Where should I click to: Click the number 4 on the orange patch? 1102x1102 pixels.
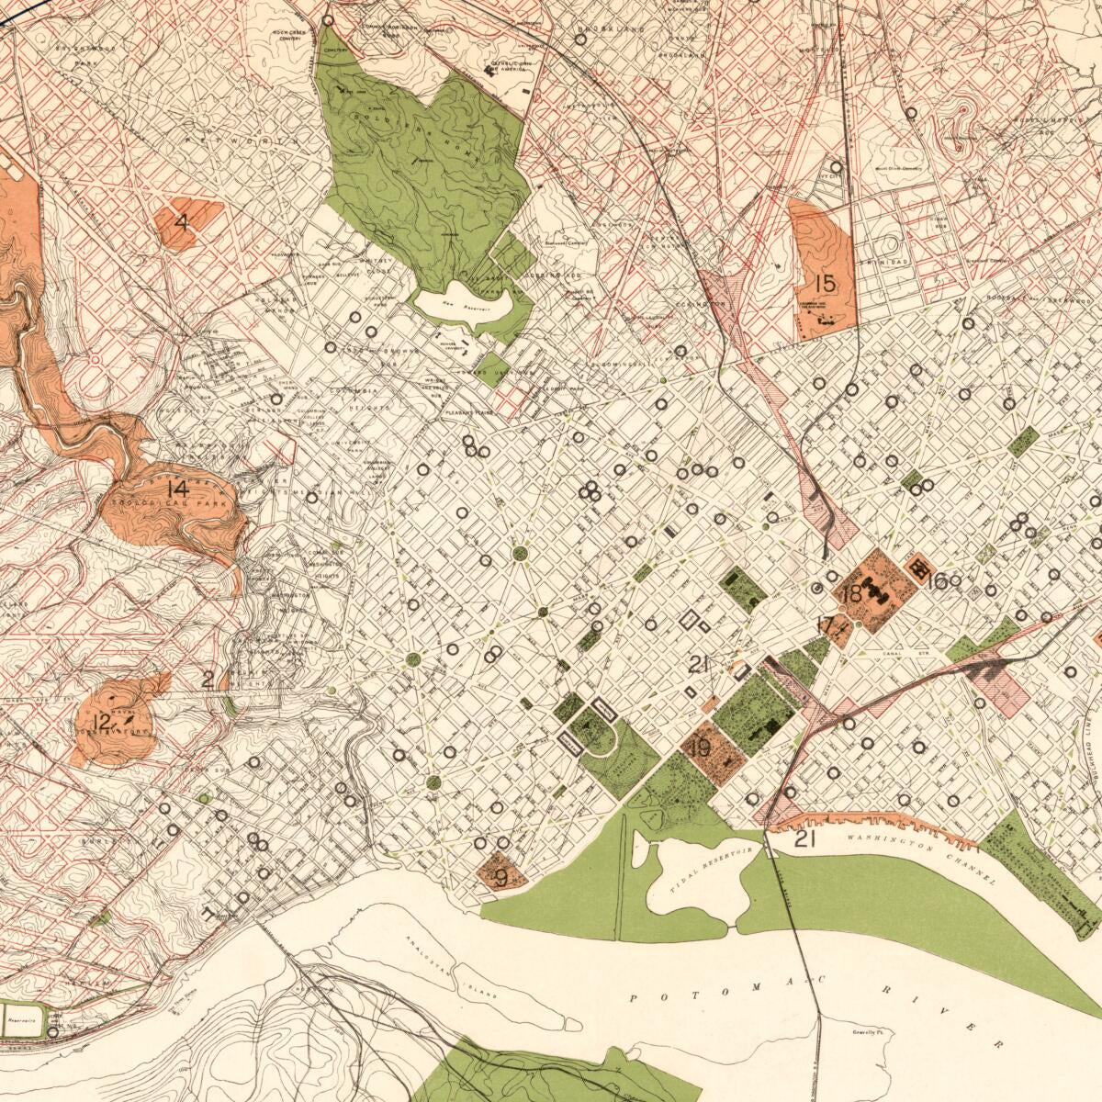pos(182,221)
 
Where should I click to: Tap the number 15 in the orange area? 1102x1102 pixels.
pos(824,282)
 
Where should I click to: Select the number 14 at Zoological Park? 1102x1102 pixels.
pos(178,489)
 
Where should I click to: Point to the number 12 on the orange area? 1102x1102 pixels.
pos(102,722)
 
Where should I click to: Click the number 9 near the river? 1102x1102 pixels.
pos(500,877)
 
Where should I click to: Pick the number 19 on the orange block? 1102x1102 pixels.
pos(700,748)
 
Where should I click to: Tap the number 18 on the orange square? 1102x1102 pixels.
pos(851,594)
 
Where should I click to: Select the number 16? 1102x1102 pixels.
pos(937,580)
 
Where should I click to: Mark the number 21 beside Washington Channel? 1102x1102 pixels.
pos(804,838)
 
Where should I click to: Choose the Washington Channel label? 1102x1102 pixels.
pos(923,859)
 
